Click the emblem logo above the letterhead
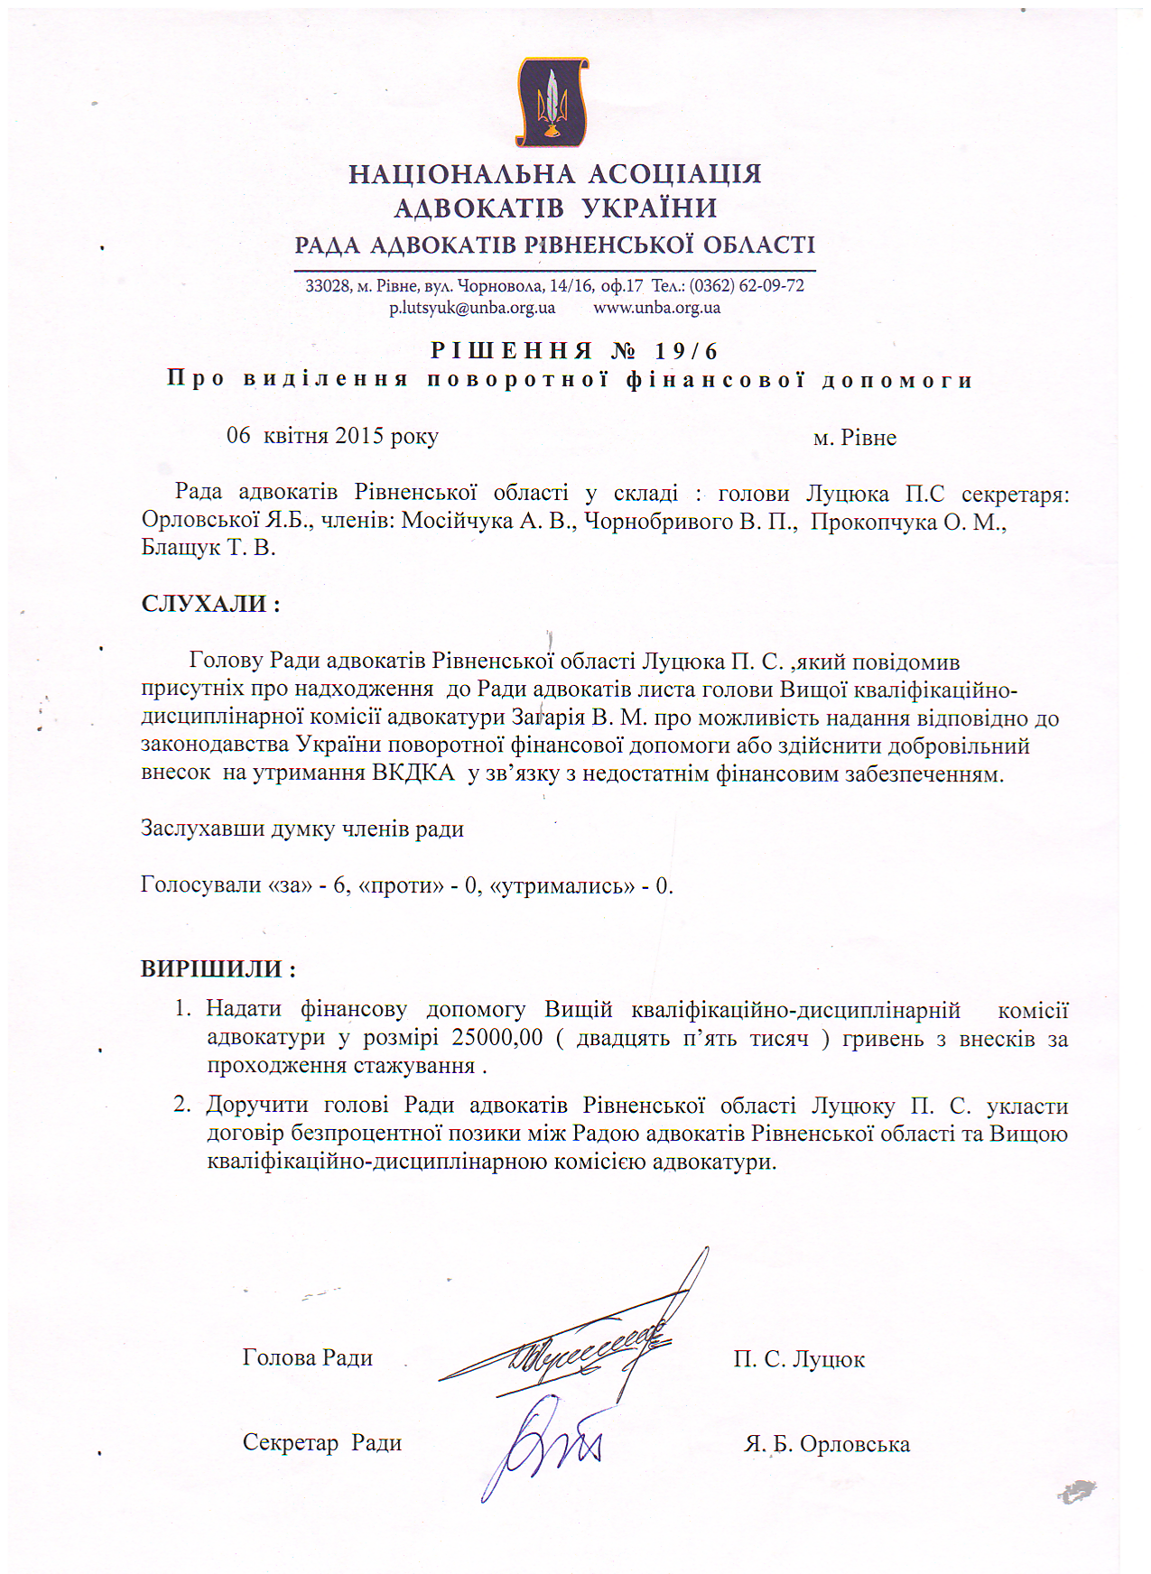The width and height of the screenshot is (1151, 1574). coord(552,101)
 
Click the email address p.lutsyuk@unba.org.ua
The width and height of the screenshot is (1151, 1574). coord(472,308)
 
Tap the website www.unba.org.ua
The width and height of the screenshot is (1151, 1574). coord(656,308)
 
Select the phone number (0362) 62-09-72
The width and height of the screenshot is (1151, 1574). coord(747,286)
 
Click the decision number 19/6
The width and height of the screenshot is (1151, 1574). coord(686,350)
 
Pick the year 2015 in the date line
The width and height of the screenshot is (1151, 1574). coord(359,436)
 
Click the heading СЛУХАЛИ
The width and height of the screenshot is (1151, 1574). coord(204,604)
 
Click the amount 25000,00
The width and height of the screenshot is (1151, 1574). coord(497,1037)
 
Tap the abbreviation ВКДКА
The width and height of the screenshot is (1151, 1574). coord(413,773)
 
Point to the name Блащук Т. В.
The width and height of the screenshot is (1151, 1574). coord(208,548)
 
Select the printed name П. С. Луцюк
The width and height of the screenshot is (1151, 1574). coord(799,1359)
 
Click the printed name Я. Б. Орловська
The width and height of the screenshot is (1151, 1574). coord(827,1444)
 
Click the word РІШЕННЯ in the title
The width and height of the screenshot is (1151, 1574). coord(511,350)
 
